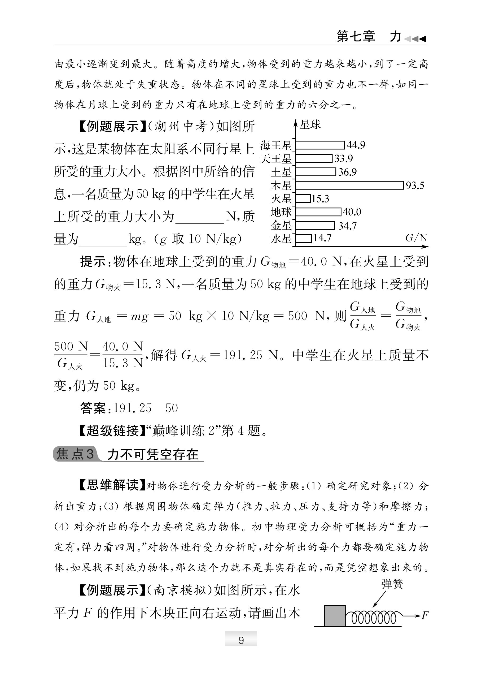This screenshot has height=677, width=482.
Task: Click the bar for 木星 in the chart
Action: pyautogui.click(x=350, y=185)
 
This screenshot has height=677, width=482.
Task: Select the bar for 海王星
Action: pyautogui.click(x=320, y=145)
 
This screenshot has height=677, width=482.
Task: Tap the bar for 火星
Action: pyautogui.click(x=303, y=199)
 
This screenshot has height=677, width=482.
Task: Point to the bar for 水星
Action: pyautogui.click(x=304, y=239)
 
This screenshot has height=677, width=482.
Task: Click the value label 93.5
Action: pyautogui.click(x=415, y=186)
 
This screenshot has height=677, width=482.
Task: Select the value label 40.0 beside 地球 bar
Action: pyautogui.click(x=352, y=212)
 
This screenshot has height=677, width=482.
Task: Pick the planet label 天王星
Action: pyautogui.click(x=276, y=159)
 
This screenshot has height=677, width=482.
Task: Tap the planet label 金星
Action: pyautogui.click(x=281, y=226)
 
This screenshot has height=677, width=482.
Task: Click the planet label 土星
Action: pyautogui.click(x=281, y=172)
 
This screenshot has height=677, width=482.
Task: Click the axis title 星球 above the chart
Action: pyautogui.click(x=310, y=124)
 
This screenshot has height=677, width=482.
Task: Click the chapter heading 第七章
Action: pyautogui.click(x=356, y=37)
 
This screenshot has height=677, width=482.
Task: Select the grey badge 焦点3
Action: pyautogui.click(x=75, y=454)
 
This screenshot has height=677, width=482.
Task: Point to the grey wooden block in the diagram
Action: pyautogui.click(x=335, y=616)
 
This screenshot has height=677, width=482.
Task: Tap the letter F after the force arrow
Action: pyautogui.click(x=425, y=615)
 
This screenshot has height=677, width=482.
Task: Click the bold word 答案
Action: pyautogui.click(x=93, y=408)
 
